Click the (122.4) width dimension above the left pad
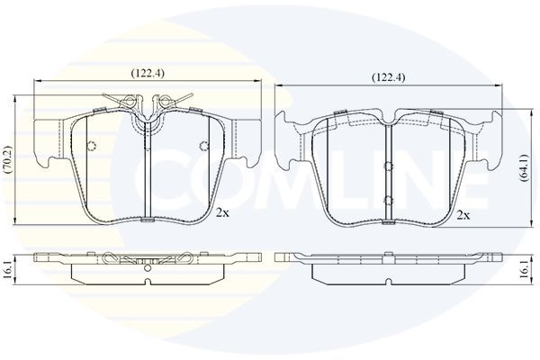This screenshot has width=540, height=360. pyautogui.click(x=148, y=74)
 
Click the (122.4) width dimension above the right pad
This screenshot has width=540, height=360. pyautogui.click(x=389, y=77)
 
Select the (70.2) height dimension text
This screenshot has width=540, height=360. pyautogui.click(x=7, y=159)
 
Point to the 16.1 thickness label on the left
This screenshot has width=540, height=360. pyautogui.click(x=6, y=270)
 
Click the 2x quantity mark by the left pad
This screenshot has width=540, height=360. pyautogui.click(x=222, y=213)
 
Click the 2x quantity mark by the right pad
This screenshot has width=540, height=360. pyautogui.click(x=463, y=216)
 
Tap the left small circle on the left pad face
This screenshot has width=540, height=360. pyautogui.click(x=92, y=146)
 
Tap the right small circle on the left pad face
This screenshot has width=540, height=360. pyautogui.click(x=204, y=146)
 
